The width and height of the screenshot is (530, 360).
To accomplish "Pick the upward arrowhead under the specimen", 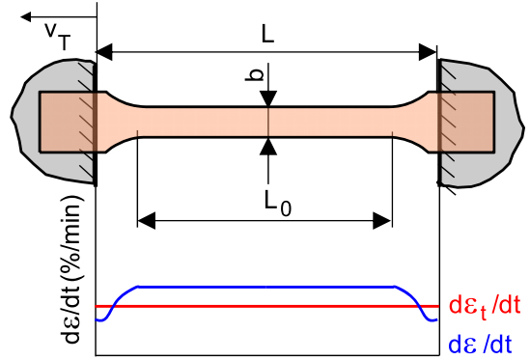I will pyautogui.click(x=268, y=144).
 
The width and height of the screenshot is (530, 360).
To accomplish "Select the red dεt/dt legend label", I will pyautogui.click(x=486, y=306).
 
